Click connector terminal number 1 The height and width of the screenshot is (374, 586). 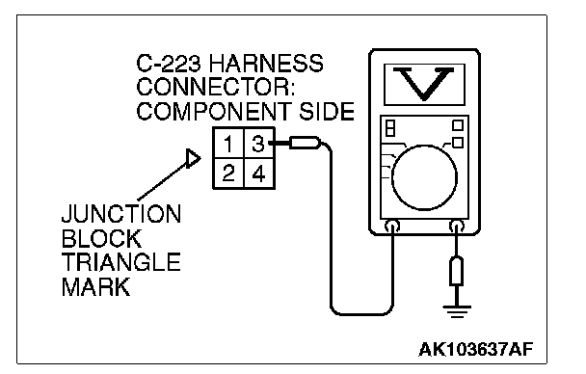tap(228, 144)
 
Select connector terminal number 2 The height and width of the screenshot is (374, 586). tap(228, 174)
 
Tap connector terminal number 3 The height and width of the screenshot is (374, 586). tap(258, 144)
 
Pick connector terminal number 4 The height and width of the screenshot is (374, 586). tap(259, 174)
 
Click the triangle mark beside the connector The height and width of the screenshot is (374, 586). tap(194, 158)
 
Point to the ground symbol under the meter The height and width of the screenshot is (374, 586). tap(457, 311)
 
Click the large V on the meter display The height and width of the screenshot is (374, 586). tap(424, 84)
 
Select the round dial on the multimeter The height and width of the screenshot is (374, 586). tap(424, 177)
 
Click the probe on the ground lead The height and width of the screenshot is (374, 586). tap(456, 271)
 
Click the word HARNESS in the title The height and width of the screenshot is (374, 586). tap(266, 64)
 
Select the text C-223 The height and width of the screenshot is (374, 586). tap(169, 64)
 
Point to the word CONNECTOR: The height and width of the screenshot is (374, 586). tap(215, 87)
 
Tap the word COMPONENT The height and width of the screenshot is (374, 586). tap(213, 111)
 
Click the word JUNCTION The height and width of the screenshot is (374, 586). tap(121, 214)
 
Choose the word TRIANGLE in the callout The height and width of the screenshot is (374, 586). tap(121, 262)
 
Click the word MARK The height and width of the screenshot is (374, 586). tap(96, 286)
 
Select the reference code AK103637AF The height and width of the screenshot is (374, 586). tap(475, 350)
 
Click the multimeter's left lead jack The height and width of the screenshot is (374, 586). tap(392, 227)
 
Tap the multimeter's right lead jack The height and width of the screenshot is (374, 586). tap(456, 227)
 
